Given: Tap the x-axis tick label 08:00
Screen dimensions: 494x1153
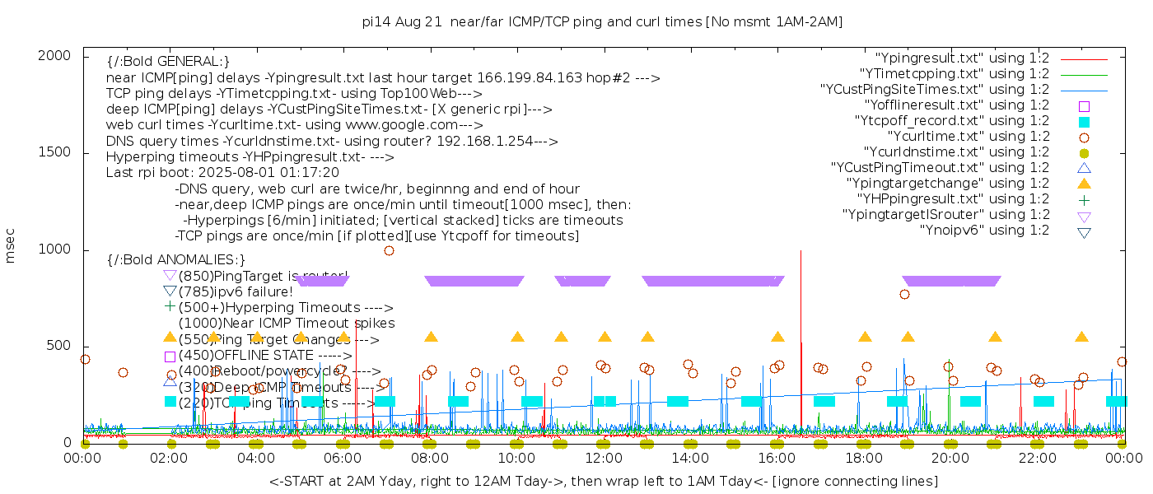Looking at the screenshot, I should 429,459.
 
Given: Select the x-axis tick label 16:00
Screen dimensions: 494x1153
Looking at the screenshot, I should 776,459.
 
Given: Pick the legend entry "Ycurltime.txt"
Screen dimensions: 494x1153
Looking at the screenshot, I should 968,137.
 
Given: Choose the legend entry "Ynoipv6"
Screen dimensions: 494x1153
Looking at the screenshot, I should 984,231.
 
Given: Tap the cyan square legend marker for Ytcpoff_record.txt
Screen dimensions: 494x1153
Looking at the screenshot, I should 1084,121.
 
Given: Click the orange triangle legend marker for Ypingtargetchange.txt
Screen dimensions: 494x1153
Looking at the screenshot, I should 1084,183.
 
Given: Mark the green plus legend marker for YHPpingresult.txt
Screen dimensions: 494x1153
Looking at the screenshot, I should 1084,199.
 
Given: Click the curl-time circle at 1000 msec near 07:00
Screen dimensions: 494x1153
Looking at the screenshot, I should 389,250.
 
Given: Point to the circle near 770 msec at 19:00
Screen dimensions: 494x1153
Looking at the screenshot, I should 904,294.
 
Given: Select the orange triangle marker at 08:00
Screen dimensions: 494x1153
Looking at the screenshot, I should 431,337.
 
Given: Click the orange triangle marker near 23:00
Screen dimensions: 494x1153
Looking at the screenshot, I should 1081,337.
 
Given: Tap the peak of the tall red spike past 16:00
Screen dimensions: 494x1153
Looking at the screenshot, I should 801,251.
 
